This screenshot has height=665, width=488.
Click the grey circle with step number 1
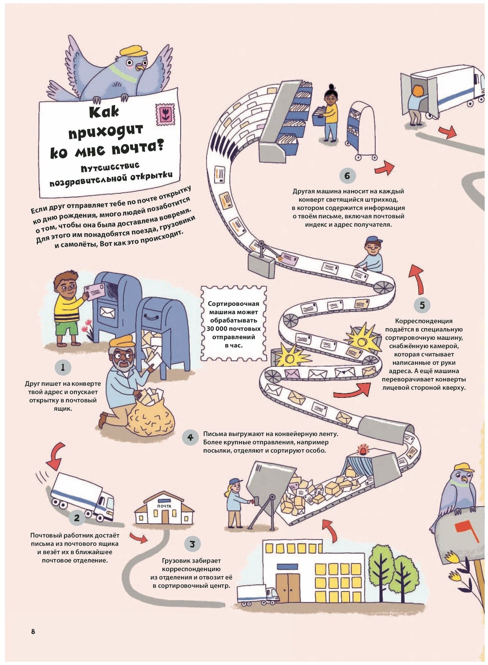(63, 367)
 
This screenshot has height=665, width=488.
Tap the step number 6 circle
(347, 176)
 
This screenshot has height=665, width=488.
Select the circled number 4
(190, 437)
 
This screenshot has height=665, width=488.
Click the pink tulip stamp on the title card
(165, 114)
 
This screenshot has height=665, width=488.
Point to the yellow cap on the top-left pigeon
(134, 51)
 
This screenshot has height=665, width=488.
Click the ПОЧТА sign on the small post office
(164, 506)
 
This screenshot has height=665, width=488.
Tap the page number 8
(33, 631)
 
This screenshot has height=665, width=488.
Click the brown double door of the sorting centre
(288, 587)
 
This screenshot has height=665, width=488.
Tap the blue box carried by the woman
(319, 116)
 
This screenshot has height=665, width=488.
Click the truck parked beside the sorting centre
(257, 595)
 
